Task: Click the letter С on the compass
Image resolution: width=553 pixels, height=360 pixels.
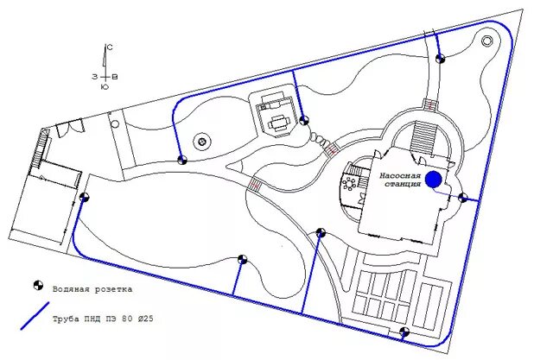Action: pyautogui.click(x=110, y=47)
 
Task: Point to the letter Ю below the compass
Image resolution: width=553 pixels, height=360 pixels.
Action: pyautogui.click(x=105, y=86)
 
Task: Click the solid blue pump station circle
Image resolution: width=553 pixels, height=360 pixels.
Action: pyautogui.click(x=434, y=179)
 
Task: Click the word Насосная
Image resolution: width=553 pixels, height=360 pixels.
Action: pyautogui.click(x=399, y=174)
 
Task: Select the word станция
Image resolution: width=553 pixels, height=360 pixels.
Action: pyautogui.click(x=399, y=184)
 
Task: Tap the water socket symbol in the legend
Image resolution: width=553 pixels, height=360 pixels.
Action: pyautogui.click(x=37, y=286)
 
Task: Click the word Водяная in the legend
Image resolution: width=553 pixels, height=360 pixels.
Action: pyautogui.click(x=72, y=287)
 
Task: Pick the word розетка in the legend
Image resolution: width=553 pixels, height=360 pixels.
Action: pyautogui.click(x=115, y=287)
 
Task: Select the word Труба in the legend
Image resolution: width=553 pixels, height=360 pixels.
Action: pyautogui.click(x=67, y=319)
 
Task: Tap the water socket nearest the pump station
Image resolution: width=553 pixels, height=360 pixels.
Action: pyautogui.click(x=463, y=198)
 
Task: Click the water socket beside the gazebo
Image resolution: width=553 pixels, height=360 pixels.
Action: pyautogui.click(x=305, y=120)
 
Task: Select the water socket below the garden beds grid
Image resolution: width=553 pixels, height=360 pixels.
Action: pyautogui.click(x=404, y=332)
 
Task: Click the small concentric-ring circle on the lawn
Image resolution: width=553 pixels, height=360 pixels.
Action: pyautogui.click(x=201, y=140)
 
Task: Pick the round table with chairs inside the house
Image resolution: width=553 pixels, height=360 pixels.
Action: pyautogui.click(x=350, y=183)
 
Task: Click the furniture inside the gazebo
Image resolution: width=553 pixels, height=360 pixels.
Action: pyautogui.click(x=278, y=122)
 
